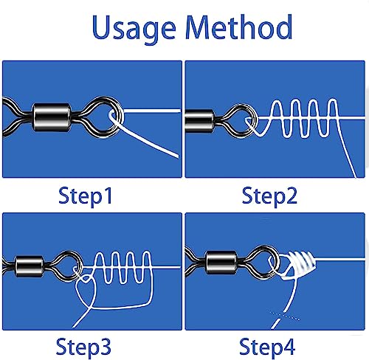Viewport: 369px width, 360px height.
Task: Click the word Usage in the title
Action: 134,29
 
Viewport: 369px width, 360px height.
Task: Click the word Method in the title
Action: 239,27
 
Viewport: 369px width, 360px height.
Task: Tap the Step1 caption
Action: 86,196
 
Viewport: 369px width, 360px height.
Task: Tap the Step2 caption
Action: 269,196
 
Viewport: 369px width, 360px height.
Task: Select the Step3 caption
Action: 83,347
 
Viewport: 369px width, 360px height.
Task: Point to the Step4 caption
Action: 267,347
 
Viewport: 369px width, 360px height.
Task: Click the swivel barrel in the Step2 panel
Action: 199,121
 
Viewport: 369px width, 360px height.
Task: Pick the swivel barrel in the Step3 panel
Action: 30,266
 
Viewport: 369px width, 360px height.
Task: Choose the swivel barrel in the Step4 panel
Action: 221,263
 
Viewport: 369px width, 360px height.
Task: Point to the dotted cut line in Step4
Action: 285,316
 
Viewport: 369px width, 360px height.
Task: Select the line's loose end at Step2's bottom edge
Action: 355,176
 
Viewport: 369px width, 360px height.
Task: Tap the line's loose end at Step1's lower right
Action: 177,156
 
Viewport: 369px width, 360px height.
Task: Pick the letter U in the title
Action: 102,27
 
